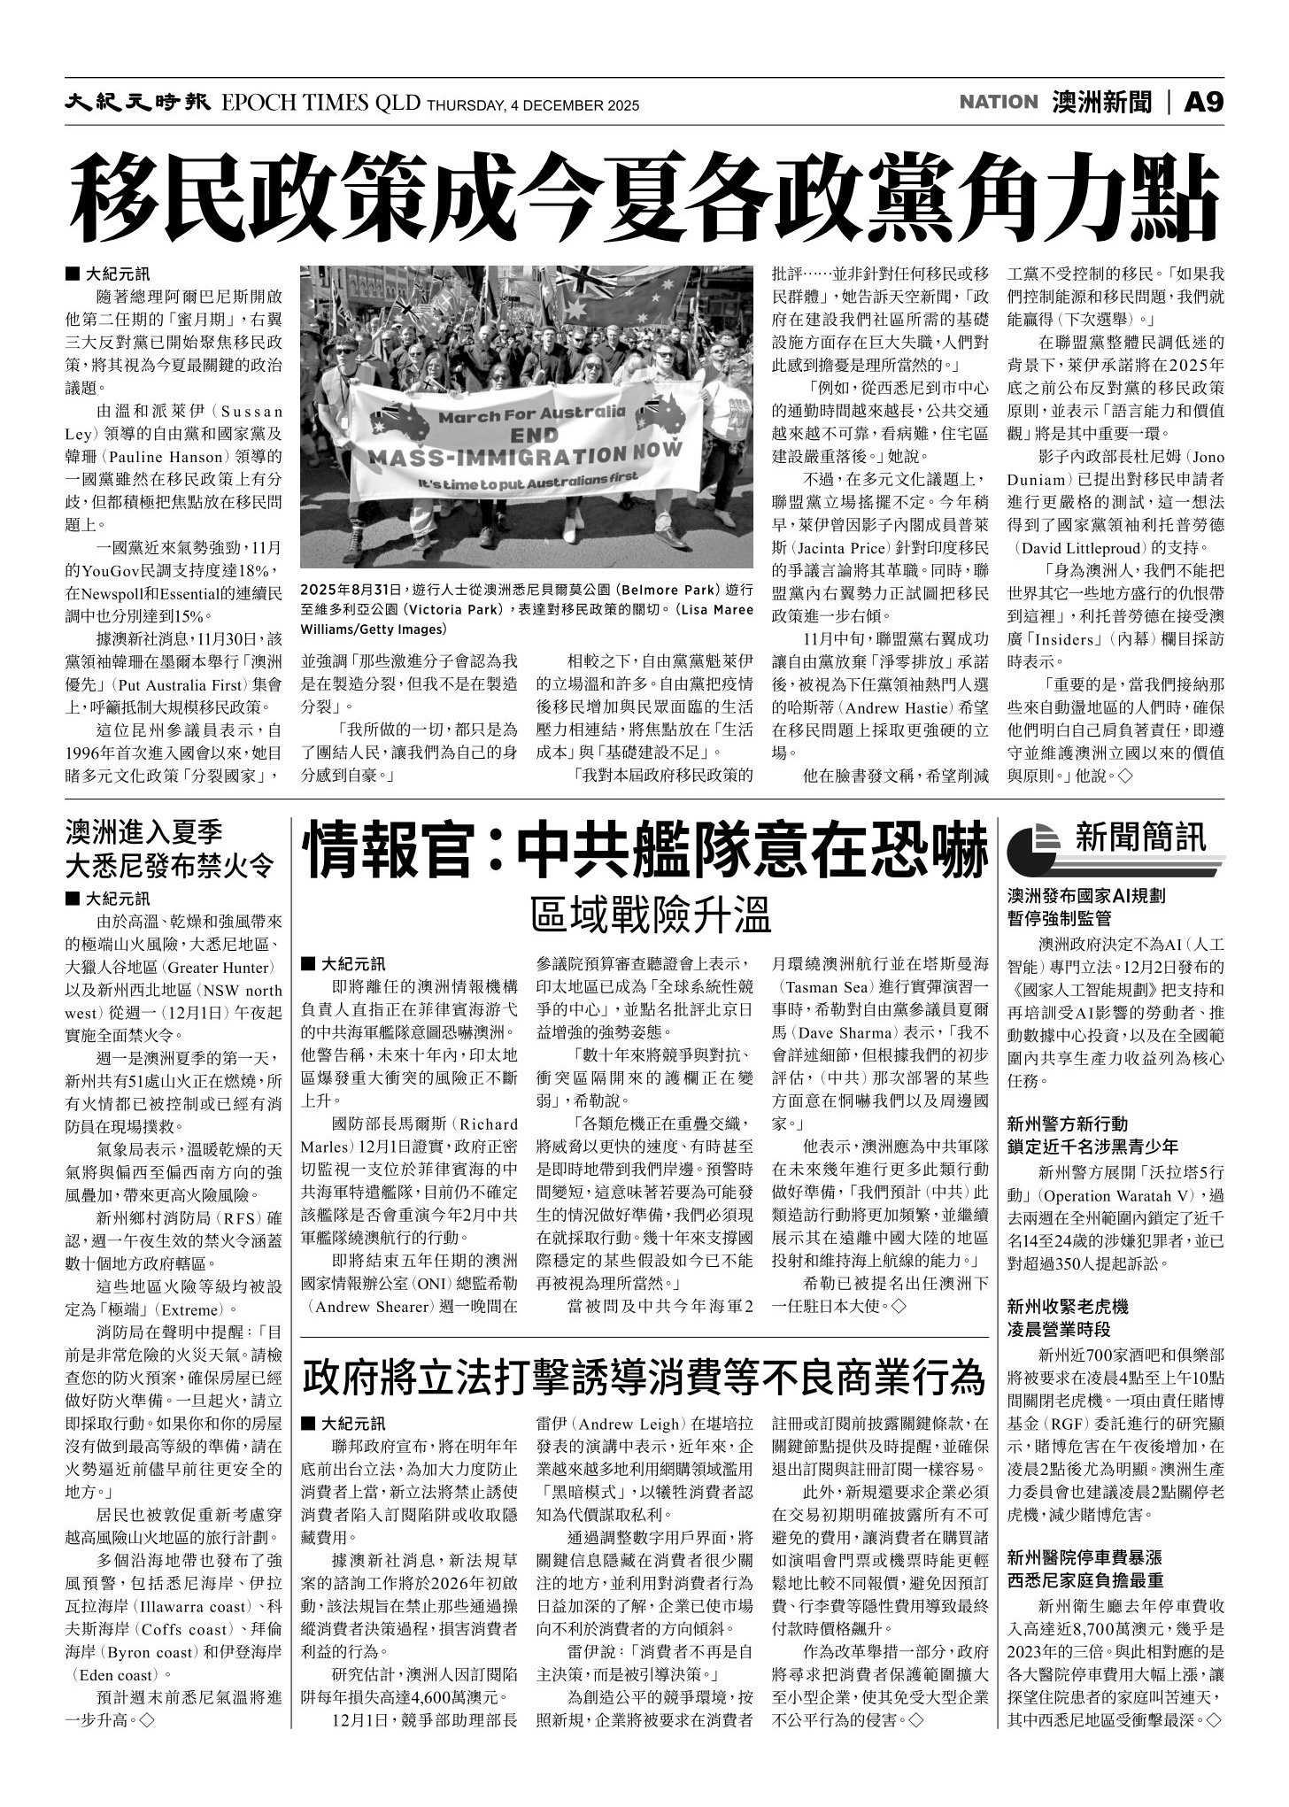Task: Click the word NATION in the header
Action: click(x=998, y=103)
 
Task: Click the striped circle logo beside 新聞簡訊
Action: click(x=1035, y=846)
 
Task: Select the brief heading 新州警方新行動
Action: click(x=1068, y=1124)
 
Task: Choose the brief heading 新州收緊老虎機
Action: click(x=1068, y=1307)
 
